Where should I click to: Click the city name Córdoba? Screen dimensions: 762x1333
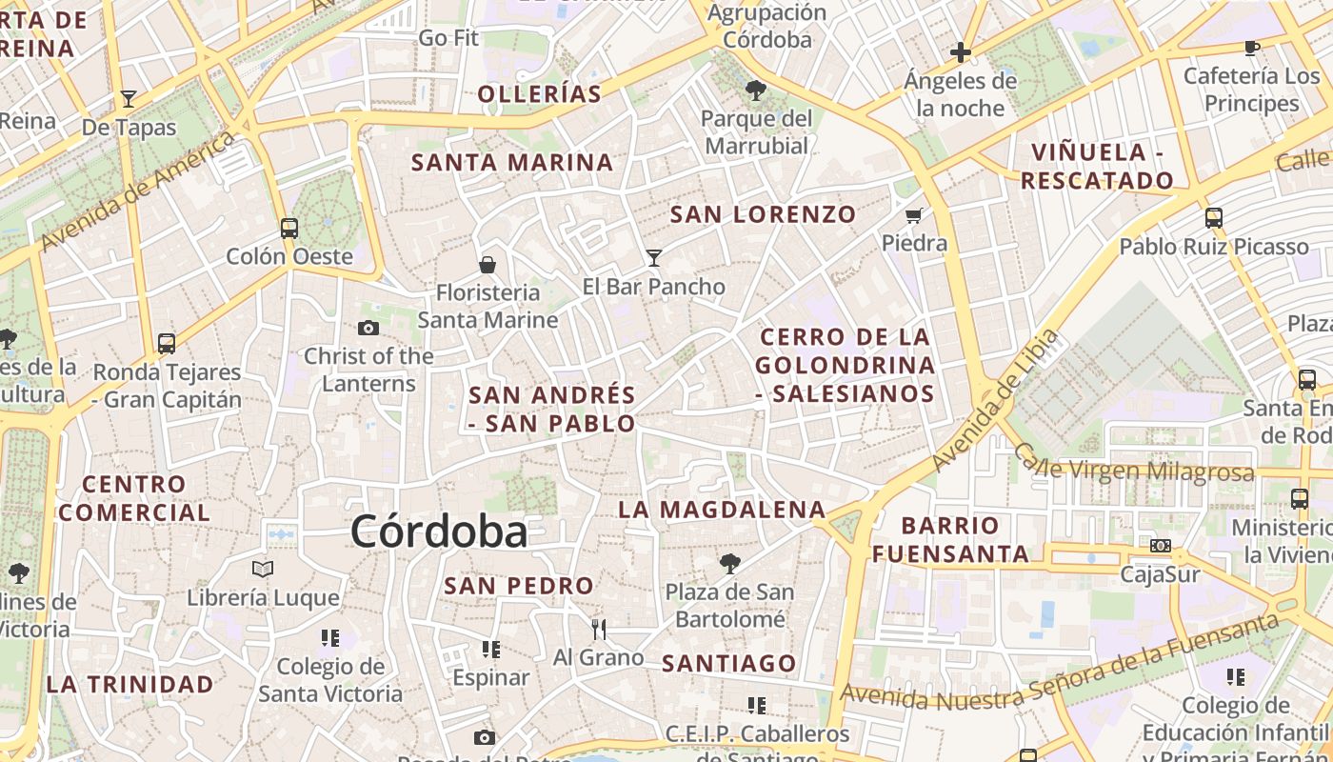439,531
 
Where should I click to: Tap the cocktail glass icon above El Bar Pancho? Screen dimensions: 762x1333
653,257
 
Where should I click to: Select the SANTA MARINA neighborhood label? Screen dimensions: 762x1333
512,163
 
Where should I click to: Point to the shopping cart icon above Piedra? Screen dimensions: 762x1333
914,215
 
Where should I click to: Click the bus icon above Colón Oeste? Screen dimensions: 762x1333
289,229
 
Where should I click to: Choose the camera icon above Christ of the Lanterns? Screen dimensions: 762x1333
368,329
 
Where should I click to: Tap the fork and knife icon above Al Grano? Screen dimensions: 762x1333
599,629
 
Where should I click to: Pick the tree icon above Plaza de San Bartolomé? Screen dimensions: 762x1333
729,564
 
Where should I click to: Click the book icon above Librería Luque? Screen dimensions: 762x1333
263,570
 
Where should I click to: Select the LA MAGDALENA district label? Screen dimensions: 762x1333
722,510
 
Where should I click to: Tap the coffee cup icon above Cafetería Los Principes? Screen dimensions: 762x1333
1252,48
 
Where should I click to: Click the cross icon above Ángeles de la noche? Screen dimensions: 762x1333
961,51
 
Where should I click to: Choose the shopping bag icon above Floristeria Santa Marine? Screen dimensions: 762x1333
487,264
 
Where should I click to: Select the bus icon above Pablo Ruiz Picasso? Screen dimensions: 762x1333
1213,218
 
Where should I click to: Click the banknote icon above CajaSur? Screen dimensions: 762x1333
1160,546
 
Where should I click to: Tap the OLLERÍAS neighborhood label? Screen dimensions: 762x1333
540,94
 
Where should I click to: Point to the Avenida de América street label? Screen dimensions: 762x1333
139,191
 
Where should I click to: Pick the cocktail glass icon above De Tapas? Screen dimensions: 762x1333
129,98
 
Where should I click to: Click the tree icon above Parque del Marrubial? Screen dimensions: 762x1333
757,90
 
